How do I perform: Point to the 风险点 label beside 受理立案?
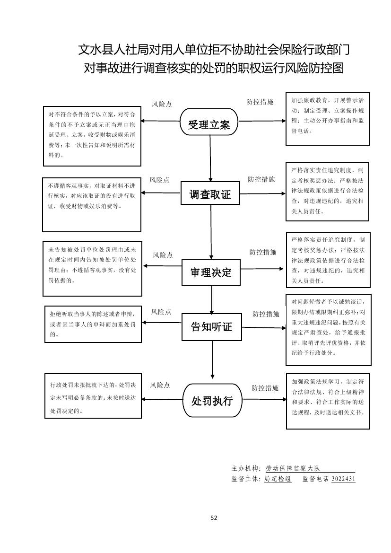(x=162, y=104)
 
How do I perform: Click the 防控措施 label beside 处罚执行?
(x=265, y=388)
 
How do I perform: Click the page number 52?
(x=214, y=518)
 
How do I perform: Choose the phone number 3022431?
(x=344, y=479)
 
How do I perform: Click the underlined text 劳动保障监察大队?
(x=293, y=468)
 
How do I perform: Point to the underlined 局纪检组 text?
(x=278, y=479)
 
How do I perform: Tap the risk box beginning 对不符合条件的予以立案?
(x=92, y=136)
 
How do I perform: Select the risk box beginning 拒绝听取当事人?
(x=92, y=324)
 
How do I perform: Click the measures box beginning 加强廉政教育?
(x=327, y=118)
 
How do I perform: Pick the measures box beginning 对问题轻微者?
(x=328, y=330)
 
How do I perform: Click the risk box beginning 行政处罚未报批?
(x=93, y=396)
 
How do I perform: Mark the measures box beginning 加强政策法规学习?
(x=328, y=401)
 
